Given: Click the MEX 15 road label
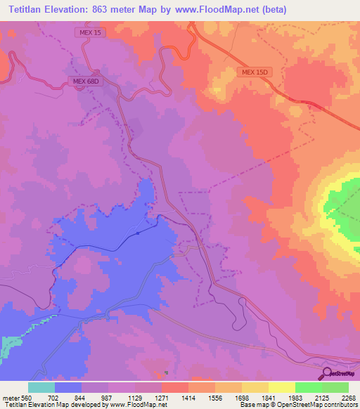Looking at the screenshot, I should pyautogui.click(x=87, y=33).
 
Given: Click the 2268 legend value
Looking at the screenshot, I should pyautogui.click(x=340, y=397).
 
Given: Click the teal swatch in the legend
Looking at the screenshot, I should pyautogui.click(x=41, y=387).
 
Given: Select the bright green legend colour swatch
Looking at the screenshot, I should pyautogui.click(x=309, y=387).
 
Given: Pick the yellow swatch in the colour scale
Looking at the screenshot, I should pyautogui.click(x=282, y=387).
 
